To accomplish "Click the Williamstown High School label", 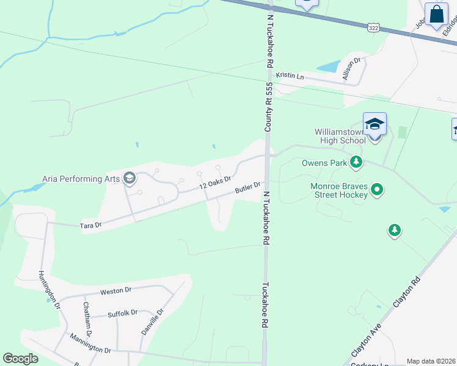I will pyautogui.click(x=340, y=136).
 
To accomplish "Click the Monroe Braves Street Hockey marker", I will pyautogui.click(x=377, y=190).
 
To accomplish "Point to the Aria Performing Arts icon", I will pyautogui.click(x=129, y=178).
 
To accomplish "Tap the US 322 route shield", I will pyautogui.click(x=373, y=27).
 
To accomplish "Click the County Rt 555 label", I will pyautogui.click(x=268, y=107).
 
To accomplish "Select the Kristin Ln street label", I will pyautogui.click(x=290, y=76).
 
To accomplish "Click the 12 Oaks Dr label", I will pyautogui.click(x=214, y=181).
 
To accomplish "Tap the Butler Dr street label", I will pyautogui.click(x=248, y=188).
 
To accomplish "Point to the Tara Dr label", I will pyautogui.click(x=90, y=226).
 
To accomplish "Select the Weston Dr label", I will pyautogui.click(x=116, y=292).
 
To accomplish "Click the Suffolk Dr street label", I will pyautogui.click(x=122, y=314).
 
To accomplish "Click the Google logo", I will pyautogui.click(x=20, y=359).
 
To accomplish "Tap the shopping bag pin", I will pyautogui.click(x=437, y=15).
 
